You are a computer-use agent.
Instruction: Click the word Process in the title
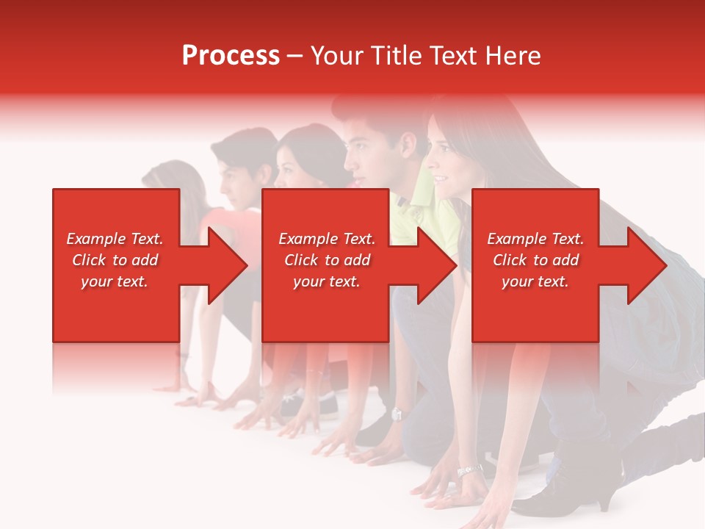[x=231, y=56]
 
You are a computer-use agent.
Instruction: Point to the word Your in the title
[x=336, y=56]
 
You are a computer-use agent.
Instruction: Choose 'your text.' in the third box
[x=535, y=281]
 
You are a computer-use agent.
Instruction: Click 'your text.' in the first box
[x=115, y=281]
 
